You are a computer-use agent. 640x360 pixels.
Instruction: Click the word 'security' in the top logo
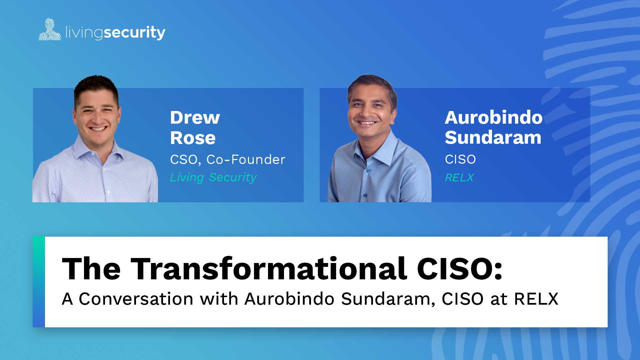coord(135,33)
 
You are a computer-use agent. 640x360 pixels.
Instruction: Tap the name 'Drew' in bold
coord(195,117)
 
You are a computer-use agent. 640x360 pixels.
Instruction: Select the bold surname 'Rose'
coord(193,138)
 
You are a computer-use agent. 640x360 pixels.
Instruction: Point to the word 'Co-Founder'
coord(246,160)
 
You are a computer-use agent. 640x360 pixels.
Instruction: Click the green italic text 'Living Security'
coord(213,177)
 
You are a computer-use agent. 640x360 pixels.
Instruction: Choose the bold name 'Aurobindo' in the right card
coord(494,117)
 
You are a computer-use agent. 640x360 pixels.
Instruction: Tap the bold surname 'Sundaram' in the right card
coord(493,137)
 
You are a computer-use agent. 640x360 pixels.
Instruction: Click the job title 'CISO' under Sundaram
coord(460,159)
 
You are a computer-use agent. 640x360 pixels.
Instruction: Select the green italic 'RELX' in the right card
coord(459,178)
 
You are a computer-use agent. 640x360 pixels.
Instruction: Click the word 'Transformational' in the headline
coord(269,269)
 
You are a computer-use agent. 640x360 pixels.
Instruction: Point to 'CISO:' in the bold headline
coord(460,269)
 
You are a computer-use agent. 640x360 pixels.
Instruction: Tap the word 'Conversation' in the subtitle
coord(136,299)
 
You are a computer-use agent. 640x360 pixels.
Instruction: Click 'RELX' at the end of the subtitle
coord(536,299)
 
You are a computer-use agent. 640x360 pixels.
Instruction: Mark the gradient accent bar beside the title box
coord(39,282)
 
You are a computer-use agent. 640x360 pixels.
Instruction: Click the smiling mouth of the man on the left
coord(98,129)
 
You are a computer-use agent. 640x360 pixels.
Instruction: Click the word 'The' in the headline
coord(91,269)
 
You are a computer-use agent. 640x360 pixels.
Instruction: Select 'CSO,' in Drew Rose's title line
coord(185,160)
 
